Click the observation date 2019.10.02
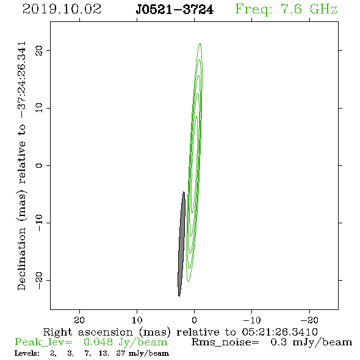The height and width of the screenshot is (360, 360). [62, 9]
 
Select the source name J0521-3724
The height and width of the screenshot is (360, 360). [175, 10]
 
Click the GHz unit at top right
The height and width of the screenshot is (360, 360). [323, 9]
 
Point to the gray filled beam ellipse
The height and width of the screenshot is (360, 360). [182, 244]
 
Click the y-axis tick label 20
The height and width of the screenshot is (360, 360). [39, 50]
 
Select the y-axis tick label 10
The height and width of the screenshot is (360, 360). [39, 108]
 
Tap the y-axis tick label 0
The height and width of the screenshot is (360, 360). [39, 165]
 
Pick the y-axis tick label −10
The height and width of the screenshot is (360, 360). [39, 223]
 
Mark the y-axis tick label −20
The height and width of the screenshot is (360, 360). [39, 280]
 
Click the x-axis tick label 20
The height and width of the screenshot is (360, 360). [79, 320]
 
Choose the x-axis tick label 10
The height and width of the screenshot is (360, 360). [137, 320]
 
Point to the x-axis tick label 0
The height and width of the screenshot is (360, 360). [195, 320]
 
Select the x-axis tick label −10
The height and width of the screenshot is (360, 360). [252, 320]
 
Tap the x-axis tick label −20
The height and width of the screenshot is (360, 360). [309, 320]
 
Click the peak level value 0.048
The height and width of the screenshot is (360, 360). [98, 342]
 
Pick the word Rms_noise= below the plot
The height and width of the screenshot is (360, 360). [225, 342]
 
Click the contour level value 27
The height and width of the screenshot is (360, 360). [121, 353]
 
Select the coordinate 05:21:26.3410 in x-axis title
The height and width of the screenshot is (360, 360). [279, 332]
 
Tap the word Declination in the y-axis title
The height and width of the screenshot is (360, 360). [21, 259]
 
